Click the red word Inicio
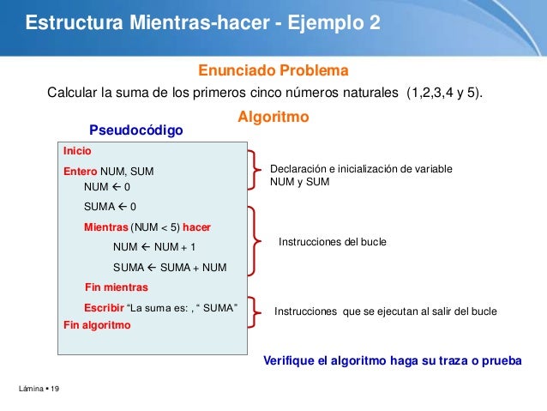tap(77, 151)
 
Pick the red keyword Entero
tap(81, 172)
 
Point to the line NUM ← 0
tap(107, 186)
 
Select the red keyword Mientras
tap(105, 227)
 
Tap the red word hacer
tap(196, 227)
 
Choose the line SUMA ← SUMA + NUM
tap(170, 267)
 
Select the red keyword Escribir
tap(103, 308)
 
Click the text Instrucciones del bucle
tap(333, 243)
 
